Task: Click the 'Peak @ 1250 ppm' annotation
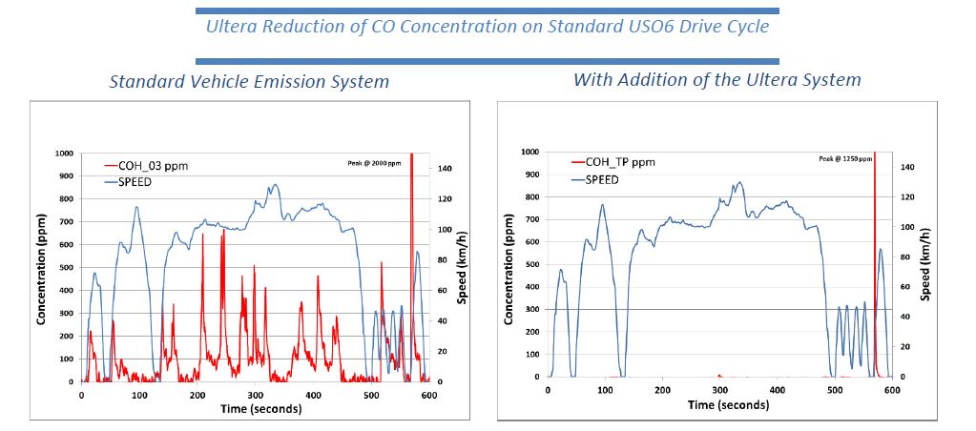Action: pyautogui.click(x=844, y=158)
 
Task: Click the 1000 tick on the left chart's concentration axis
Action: pyautogui.click(x=63, y=153)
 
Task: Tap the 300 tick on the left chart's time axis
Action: pyautogui.click(x=256, y=395)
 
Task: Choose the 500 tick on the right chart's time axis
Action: pyautogui.click(x=835, y=390)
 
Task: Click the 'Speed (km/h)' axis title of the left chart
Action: pyautogui.click(x=462, y=266)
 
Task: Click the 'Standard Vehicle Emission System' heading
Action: pyautogui.click(x=249, y=81)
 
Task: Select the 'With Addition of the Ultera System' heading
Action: pyautogui.click(x=716, y=79)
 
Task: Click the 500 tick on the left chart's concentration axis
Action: pyautogui.click(x=66, y=267)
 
